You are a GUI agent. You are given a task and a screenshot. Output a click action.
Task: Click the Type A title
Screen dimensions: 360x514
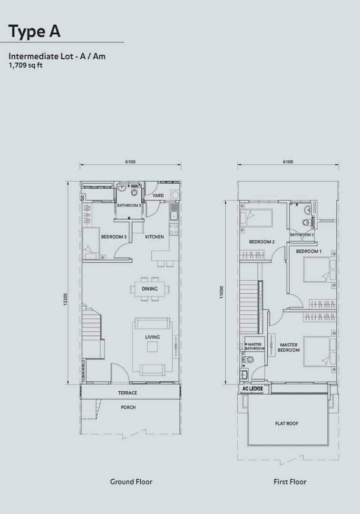pyautogui.click(x=34, y=31)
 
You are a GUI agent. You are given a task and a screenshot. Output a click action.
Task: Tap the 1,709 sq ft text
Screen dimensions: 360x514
pyautogui.click(x=26, y=65)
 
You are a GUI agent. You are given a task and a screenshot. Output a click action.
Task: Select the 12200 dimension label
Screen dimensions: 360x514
pyautogui.click(x=65, y=300)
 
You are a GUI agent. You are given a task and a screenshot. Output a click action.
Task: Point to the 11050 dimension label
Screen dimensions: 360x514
pyautogui.click(x=222, y=292)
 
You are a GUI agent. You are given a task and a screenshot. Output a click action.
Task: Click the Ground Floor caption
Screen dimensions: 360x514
pyautogui.click(x=131, y=482)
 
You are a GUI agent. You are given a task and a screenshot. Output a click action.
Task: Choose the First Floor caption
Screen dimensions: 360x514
pyautogui.click(x=290, y=482)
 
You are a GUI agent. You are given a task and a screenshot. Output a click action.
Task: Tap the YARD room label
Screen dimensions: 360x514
pyautogui.click(x=158, y=196)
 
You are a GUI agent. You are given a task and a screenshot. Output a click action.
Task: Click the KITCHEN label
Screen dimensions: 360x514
pyautogui.click(x=154, y=237)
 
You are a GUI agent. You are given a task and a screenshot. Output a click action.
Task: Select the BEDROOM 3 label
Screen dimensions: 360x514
pyautogui.click(x=114, y=237)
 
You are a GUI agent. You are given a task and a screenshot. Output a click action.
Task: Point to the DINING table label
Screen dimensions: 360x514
pyautogui.click(x=149, y=289)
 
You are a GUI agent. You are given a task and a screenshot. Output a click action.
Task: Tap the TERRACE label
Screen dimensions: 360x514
pyautogui.click(x=127, y=393)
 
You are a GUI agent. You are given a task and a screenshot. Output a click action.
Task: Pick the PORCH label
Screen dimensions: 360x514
pyautogui.click(x=128, y=407)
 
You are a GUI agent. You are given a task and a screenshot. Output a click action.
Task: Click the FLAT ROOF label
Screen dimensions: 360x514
pyautogui.click(x=287, y=424)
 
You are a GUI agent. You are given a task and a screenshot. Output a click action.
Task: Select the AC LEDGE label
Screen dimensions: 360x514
pyautogui.click(x=252, y=388)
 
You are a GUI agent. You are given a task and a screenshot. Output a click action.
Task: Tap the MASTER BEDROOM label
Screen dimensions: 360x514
pyautogui.click(x=289, y=347)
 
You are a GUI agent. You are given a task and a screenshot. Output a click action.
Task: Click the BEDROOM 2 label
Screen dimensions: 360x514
pyautogui.click(x=262, y=242)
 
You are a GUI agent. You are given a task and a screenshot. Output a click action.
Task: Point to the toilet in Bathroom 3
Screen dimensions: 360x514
pyautogui.click(x=134, y=191)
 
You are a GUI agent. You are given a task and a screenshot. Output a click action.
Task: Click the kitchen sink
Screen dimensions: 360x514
pyautogui.click(x=174, y=216)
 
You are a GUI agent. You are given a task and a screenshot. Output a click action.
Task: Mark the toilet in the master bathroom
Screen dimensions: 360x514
pyautogui.click(x=249, y=360)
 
